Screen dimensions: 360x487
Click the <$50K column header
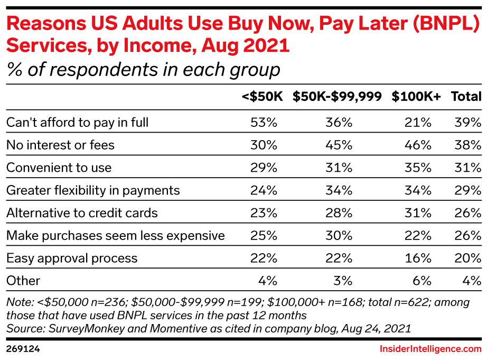tap(262, 97)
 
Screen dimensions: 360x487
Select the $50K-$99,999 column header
tap(338, 97)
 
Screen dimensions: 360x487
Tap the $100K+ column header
tap(417, 97)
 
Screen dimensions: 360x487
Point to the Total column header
tap(466, 97)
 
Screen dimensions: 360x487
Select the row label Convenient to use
tap(59, 168)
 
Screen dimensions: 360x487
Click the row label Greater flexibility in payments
tap(93, 190)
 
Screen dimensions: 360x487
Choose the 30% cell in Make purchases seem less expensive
tap(340, 236)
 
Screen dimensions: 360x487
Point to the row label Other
tap(23, 281)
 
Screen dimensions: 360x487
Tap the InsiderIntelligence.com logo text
tap(430, 349)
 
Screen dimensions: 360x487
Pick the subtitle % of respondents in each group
tap(143, 69)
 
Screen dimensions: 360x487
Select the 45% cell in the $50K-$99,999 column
tap(340, 145)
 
